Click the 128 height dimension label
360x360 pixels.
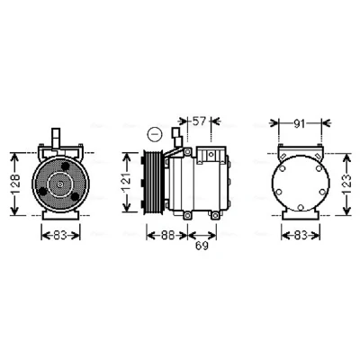pyautogui.click(x=15, y=184)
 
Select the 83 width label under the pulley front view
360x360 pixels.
pyautogui.click(x=60, y=236)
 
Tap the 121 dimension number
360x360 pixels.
pyautogui.click(x=127, y=183)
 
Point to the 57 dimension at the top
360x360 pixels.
pyautogui.click(x=199, y=121)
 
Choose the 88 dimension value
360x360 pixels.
pyautogui.click(x=166, y=236)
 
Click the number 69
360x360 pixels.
pyautogui.click(x=202, y=246)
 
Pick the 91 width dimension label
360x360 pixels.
pyautogui.click(x=299, y=123)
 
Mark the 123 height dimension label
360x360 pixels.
pyautogui.click(x=346, y=184)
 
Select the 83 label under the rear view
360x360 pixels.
pyautogui.click(x=301, y=236)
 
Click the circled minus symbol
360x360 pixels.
pyautogui.click(x=155, y=134)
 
